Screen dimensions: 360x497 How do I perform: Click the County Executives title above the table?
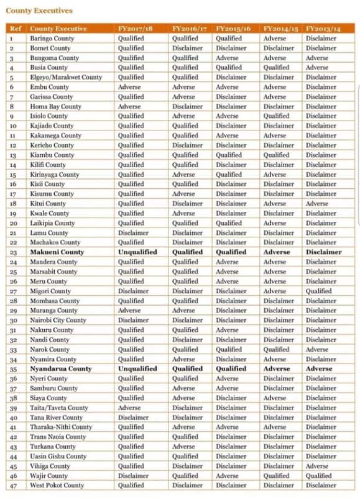(x=39, y=11)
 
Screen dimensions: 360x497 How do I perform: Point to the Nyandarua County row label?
(x=60, y=368)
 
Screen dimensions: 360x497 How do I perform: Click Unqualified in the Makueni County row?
(x=137, y=252)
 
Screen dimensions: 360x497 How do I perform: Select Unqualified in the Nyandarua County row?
(x=137, y=368)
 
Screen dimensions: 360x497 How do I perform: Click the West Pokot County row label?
(x=57, y=485)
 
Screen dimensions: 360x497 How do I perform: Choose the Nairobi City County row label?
(x=58, y=320)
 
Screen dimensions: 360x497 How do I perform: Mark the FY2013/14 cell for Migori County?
(x=318, y=291)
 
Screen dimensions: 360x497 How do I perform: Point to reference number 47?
(x=12, y=485)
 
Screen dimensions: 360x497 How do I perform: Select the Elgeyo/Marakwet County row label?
(x=66, y=77)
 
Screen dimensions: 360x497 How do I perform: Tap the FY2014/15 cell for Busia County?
(x=276, y=67)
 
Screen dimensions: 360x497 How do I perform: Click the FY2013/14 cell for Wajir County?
(x=318, y=475)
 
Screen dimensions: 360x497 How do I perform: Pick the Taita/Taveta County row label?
(x=59, y=408)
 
